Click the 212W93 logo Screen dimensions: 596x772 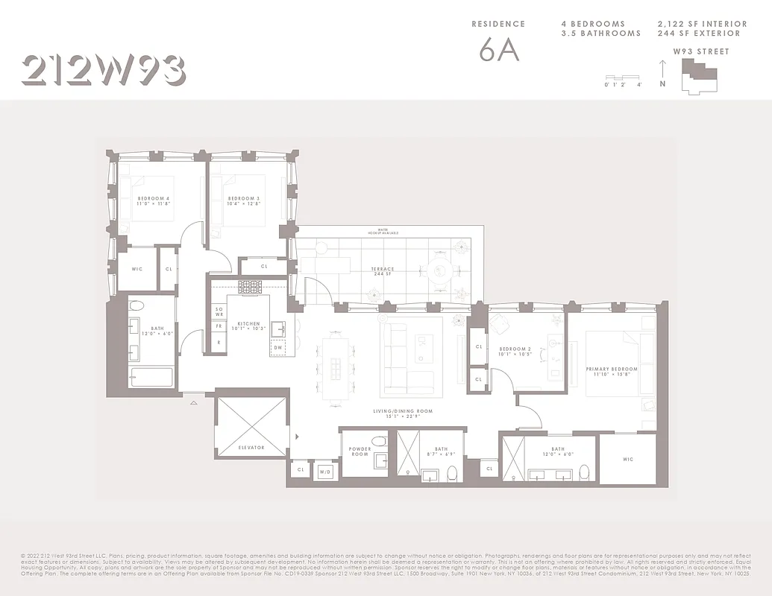click(x=104, y=71)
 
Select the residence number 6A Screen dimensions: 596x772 click(x=499, y=50)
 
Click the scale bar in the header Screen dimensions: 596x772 click(x=623, y=77)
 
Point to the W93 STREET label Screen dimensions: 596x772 click(x=701, y=51)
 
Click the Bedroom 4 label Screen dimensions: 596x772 click(x=154, y=200)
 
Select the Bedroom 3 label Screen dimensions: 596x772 click(x=244, y=200)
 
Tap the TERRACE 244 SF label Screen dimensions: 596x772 click(x=383, y=271)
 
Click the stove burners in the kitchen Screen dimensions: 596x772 click(x=249, y=286)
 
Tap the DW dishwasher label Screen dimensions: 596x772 click(x=277, y=347)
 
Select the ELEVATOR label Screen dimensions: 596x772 click(x=251, y=448)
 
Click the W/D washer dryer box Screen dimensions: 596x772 click(x=325, y=471)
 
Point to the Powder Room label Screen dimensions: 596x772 click(x=360, y=451)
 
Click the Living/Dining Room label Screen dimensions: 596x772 click(x=403, y=413)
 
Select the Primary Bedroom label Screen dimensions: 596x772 click(x=612, y=371)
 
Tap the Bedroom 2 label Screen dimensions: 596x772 click(x=514, y=351)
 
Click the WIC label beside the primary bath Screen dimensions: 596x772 click(x=627, y=460)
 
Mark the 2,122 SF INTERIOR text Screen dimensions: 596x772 click(x=702, y=25)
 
